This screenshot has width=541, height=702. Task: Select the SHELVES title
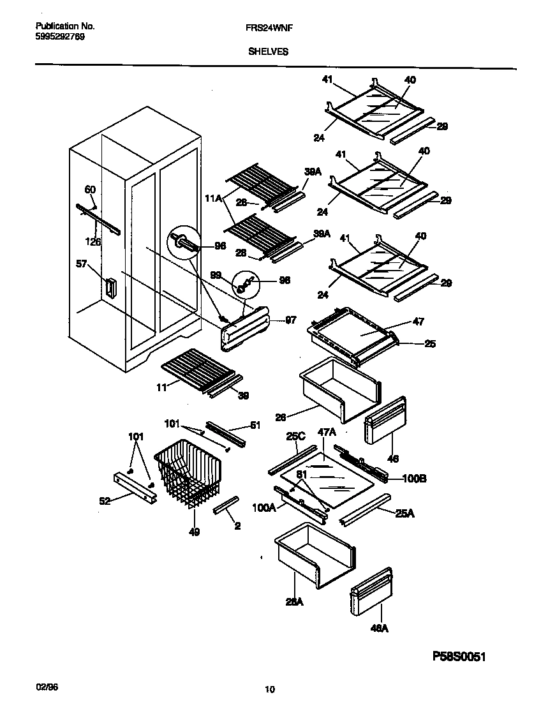268,52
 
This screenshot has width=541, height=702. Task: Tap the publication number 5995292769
59,37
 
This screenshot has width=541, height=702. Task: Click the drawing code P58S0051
464,656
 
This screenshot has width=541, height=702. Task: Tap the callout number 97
290,320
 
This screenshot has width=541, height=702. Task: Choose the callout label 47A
326,432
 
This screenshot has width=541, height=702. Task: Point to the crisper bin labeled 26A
313,555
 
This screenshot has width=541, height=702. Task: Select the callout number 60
90,189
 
